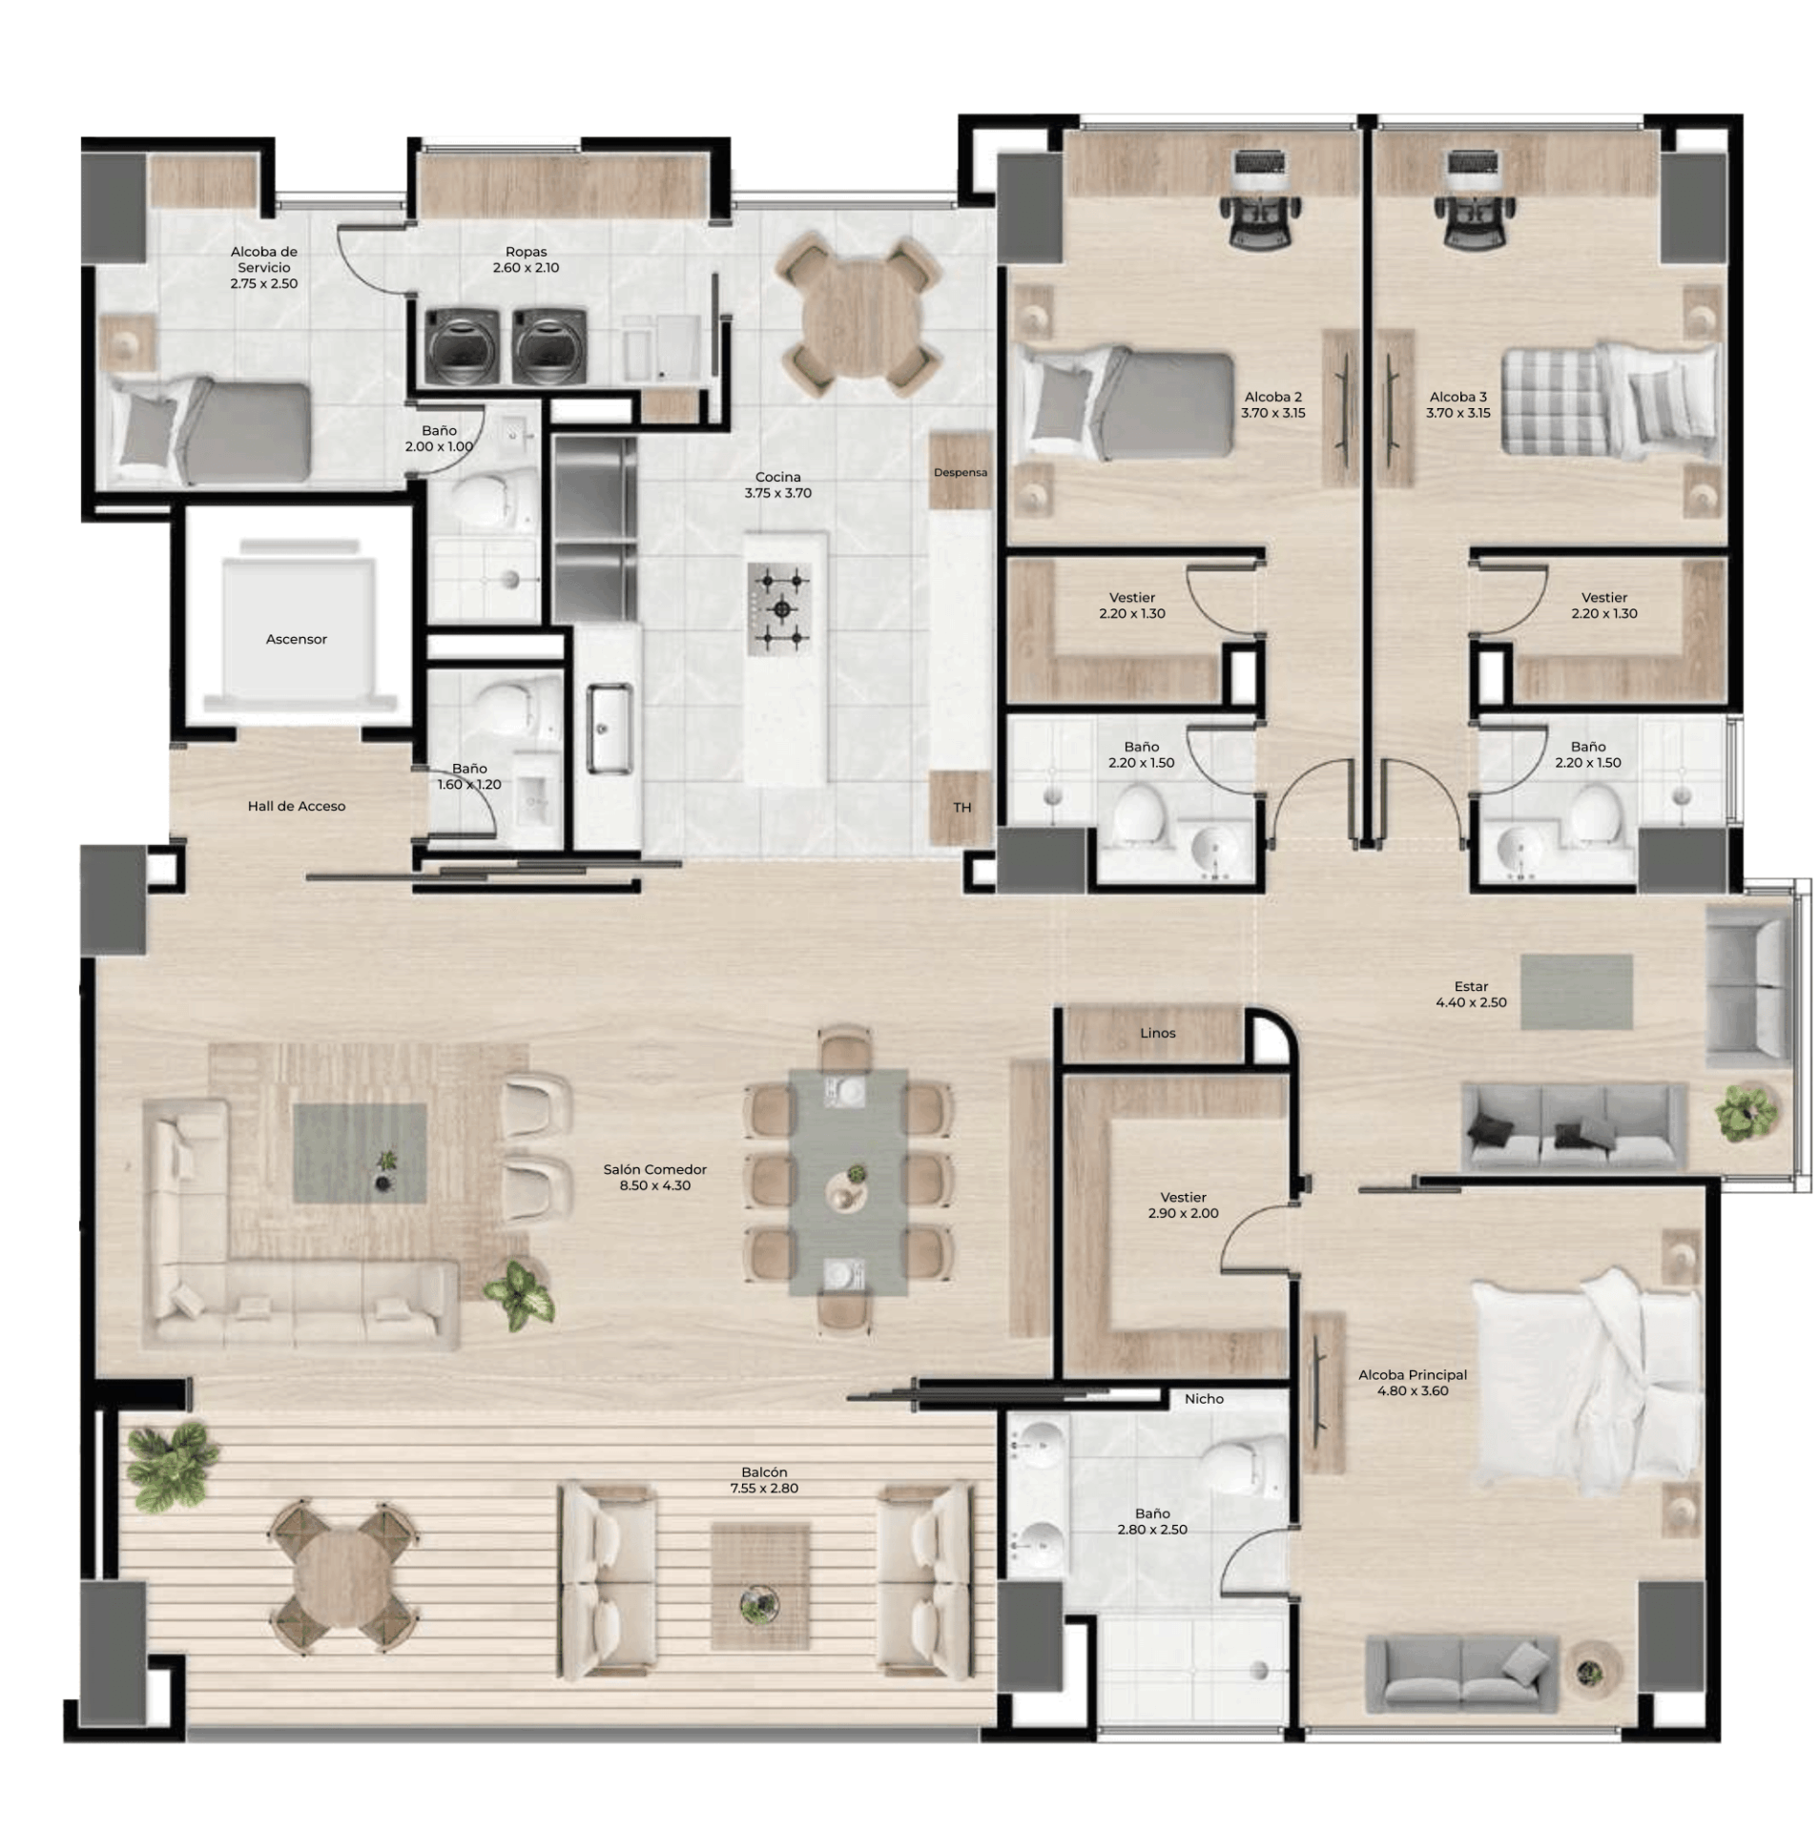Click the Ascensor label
[x=296, y=639]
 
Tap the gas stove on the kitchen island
[x=779, y=607]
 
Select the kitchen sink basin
[x=608, y=727]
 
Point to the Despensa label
[x=960, y=472]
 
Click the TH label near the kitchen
[x=961, y=808]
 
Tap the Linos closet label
[x=1157, y=1033]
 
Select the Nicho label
[x=1204, y=1399]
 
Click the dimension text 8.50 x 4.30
[x=654, y=1185]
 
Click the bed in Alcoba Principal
[x=1586, y=1381]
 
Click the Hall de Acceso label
[x=296, y=806]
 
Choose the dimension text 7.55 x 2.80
[x=763, y=1488]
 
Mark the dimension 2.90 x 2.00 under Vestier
[x=1183, y=1213]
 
